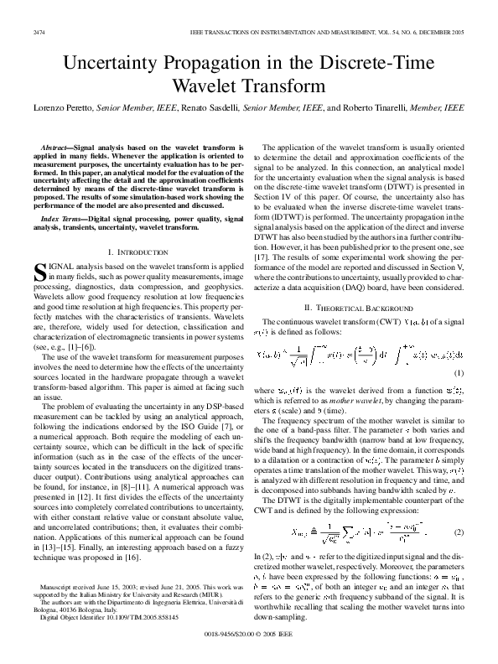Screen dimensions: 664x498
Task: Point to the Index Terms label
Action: tap(64, 215)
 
